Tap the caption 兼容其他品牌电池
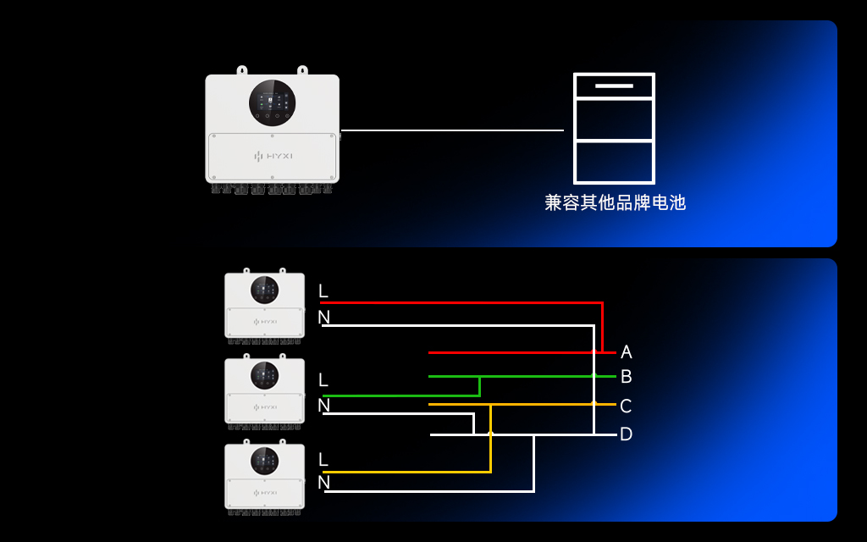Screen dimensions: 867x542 click(x=615, y=202)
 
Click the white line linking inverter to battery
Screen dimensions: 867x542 click(x=452, y=130)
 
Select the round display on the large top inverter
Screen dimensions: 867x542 click(x=272, y=102)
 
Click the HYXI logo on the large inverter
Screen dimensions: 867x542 click(x=273, y=156)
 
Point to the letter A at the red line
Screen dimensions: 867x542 click(x=626, y=351)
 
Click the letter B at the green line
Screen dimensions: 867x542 click(x=626, y=377)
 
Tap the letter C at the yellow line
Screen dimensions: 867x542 click(x=626, y=406)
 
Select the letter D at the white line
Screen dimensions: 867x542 click(x=626, y=434)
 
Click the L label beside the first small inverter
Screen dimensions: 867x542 click(x=323, y=291)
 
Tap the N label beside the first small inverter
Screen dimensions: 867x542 click(x=324, y=317)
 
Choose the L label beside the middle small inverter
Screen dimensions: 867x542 click(x=323, y=380)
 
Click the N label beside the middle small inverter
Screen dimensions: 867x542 click(x=324, y=406)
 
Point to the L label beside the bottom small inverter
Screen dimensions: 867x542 click(x=323, y=460)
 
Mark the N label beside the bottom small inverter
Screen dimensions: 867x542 click(x=324, y=482)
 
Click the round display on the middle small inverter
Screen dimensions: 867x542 click(x=265, y=375)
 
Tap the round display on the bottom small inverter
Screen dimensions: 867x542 click(x=265, y=462)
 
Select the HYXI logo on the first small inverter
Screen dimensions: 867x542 click(x=265, y=321)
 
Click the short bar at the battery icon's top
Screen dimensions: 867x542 click(x=614, y=86)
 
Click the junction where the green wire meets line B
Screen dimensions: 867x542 click(x=479, y=377)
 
